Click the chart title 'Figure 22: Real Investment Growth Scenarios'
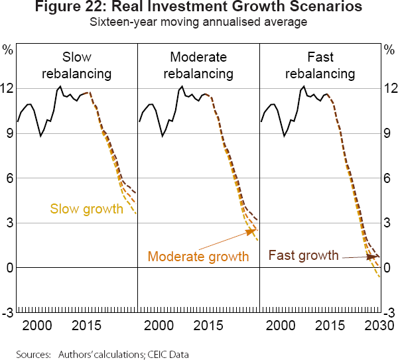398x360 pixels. (199, 8)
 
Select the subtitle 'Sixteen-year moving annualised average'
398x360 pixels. (199, 21)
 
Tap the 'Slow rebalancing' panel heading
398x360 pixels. (76, 65)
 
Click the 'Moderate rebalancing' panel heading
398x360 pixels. (198, 65)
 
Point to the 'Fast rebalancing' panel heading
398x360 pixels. (320, 65)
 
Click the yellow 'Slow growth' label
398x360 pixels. (87, 210)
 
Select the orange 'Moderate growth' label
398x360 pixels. (198, 257)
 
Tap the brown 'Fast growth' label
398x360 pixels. (304, 255)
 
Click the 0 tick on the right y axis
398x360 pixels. (389, 268)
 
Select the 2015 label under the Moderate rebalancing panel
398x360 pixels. (209, 326)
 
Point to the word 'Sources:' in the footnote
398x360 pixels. (33, 354)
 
